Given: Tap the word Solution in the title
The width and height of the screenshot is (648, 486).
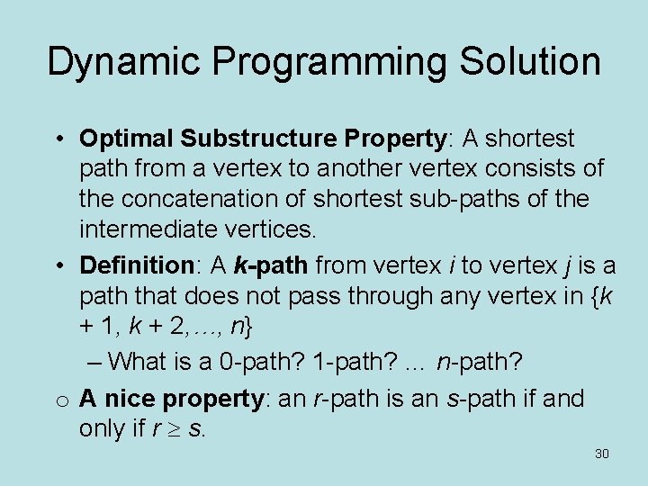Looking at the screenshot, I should pos(531,62).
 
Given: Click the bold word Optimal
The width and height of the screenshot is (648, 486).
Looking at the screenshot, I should pos(126,139).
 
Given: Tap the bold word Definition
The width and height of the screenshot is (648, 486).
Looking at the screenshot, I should pos(131,265).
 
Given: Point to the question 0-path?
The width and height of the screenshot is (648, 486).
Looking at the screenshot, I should pos(265,362).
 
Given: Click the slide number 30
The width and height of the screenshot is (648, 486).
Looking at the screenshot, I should pos(601,454).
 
